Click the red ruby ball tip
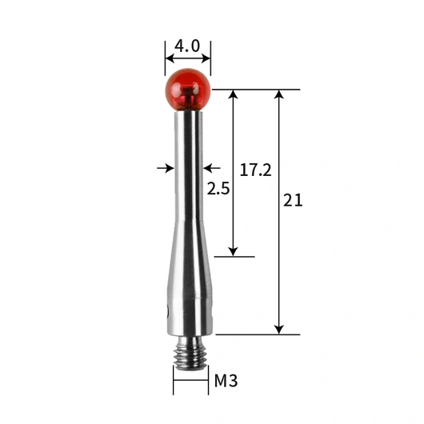[188, 90]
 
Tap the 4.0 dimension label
[187, 46]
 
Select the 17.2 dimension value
[255, 170]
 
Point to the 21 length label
[293, 200]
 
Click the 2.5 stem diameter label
[218, 189]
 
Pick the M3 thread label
[226, 381]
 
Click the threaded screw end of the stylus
[190, 353]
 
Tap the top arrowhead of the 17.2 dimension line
[233, 94]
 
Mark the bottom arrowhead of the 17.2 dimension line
[233, 251]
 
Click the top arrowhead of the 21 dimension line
[278, 94]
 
